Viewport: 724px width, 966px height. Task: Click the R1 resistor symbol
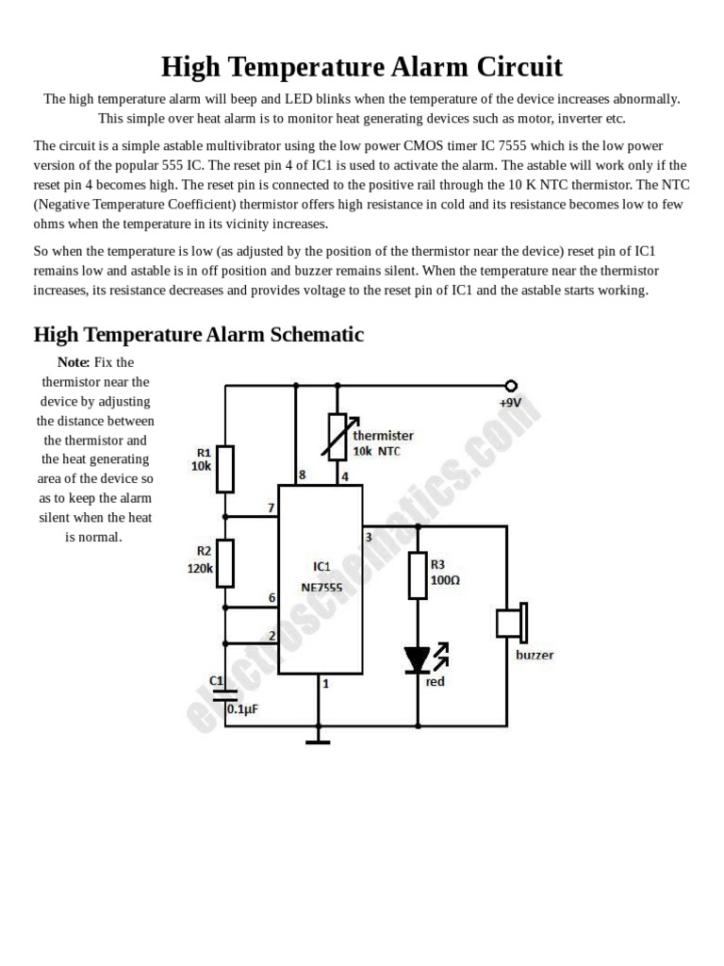[x=225, y=469]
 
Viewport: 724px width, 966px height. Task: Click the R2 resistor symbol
[x=225, y=563]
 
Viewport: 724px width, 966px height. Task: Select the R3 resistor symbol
[x=418, y=575]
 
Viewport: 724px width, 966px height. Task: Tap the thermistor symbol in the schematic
[x=337, y=437]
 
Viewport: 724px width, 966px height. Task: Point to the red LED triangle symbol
[x=418, y=659]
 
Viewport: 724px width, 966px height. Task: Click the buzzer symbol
[x=512, y=624]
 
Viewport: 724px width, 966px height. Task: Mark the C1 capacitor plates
[x=225, y=694]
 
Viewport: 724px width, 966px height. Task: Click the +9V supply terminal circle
[x=511, y=385]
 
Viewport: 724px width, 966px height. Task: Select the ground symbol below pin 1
[x=319, y=741]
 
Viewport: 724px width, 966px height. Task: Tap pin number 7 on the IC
[x=271, y=508]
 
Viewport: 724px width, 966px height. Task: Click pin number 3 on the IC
[x=369, y=538]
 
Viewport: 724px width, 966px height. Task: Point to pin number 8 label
[x=302, y=475]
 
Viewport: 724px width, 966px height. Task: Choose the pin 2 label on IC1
[x=271, y=636]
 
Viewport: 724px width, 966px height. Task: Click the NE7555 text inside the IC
[x=321, y=586]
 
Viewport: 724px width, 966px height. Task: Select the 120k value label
[x=200, y=568]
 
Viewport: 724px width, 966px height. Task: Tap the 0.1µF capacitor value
[x=242, y=709]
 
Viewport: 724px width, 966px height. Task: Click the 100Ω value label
[x=445, y=580]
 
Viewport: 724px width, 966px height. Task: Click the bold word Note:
[x=74, y=362]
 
